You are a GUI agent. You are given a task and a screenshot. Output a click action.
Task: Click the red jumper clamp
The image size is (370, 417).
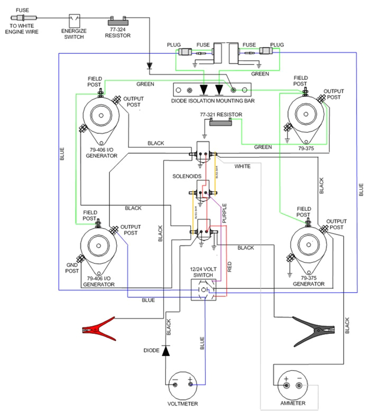pyautogui.click(x=98, y=329)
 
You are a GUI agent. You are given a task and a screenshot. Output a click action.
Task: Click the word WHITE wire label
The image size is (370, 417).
pyautogui.click(x=243, y=166)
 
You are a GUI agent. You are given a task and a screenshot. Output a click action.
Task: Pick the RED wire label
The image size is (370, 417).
pyautogui.click(x=229, y=266)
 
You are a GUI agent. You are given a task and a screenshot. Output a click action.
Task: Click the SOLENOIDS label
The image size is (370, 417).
pyautogui.click(x=187, y=175)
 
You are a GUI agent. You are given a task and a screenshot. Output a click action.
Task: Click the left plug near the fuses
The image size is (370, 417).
pyautogui.click(x=187, y=52)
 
